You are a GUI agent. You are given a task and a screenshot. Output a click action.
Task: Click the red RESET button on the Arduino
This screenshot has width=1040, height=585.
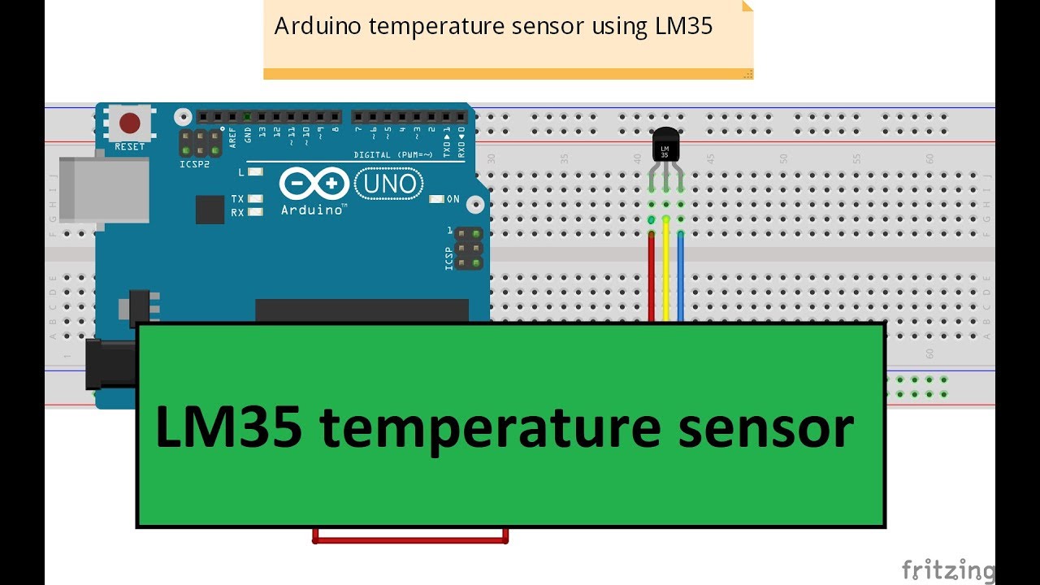pos(129,123)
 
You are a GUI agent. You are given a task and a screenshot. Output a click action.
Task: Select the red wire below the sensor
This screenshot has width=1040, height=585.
pos(652,276)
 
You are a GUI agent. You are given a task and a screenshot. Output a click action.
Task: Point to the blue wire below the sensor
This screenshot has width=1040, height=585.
pos(681,276)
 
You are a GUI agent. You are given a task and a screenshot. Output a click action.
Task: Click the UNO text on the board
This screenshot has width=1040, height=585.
pos(390,184)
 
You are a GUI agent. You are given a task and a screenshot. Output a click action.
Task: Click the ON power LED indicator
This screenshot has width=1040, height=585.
pos(436,199)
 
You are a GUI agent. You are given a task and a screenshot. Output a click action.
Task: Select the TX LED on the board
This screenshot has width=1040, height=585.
pos(256,198)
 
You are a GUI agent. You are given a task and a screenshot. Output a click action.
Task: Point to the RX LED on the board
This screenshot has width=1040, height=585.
pos(256,212)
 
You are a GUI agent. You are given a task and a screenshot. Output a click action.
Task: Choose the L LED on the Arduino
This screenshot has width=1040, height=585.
pos(256,172)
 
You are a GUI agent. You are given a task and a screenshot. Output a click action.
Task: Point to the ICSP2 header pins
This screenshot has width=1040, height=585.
pos(200,144)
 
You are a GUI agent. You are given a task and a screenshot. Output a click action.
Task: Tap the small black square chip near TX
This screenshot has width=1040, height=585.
pos(210,209)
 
